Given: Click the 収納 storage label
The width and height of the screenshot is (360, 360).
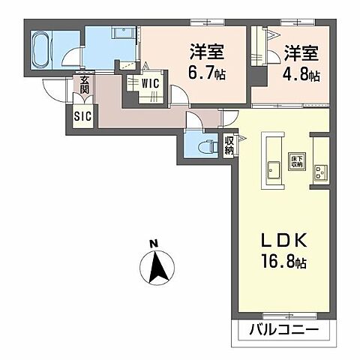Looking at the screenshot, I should [x=228, y=144].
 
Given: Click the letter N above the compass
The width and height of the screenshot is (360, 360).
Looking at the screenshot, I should [x=153, y=243].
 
